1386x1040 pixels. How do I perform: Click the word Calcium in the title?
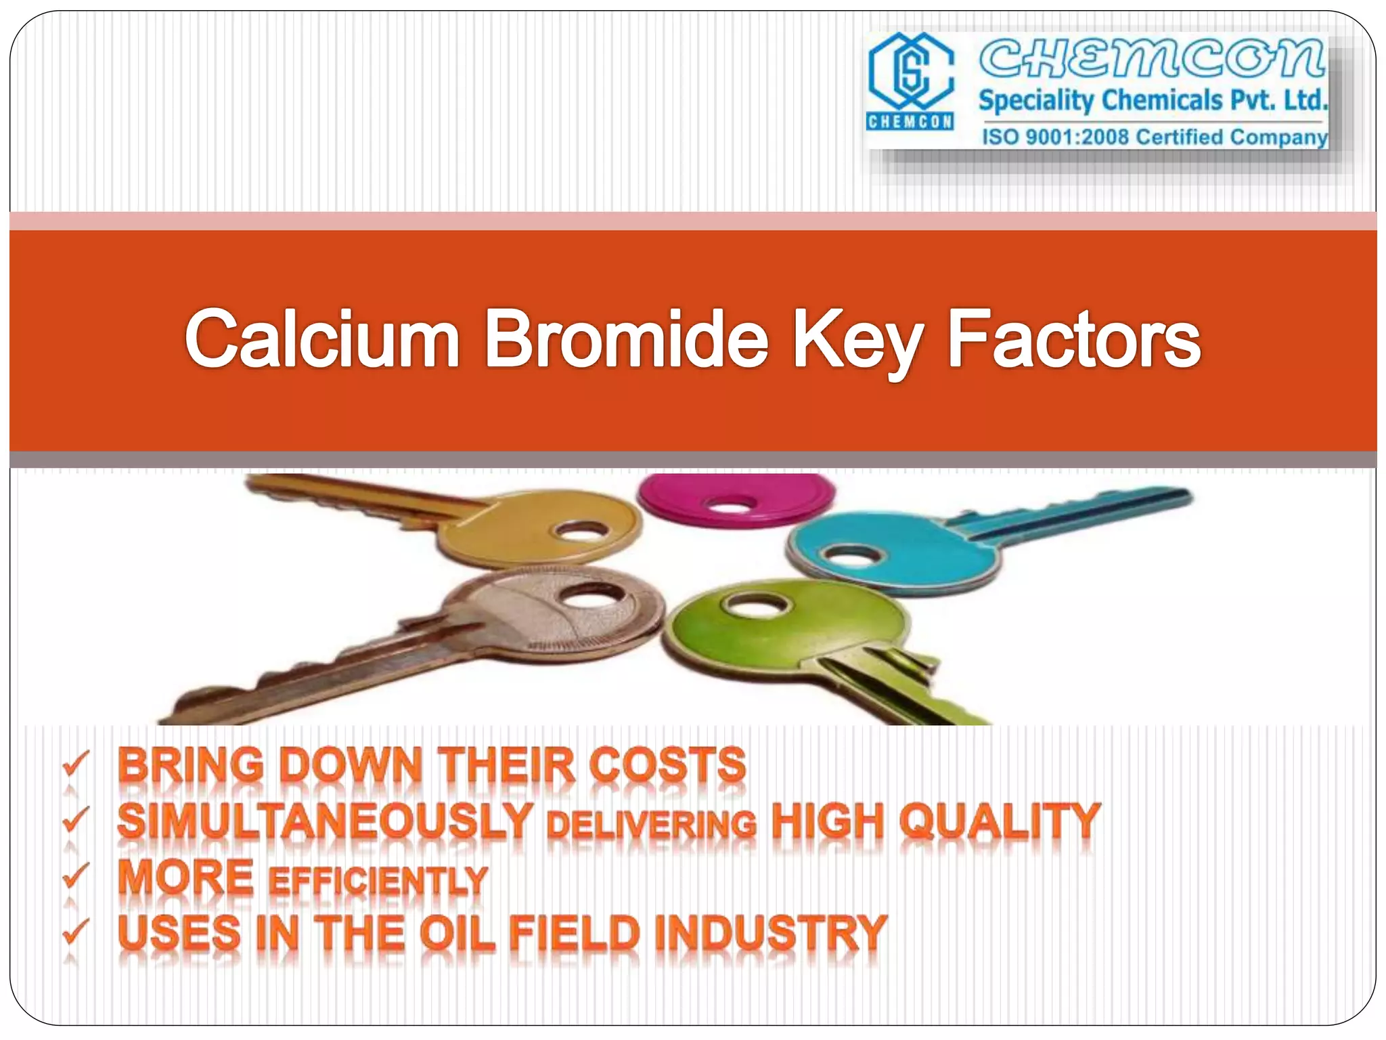click(x=322, y=339)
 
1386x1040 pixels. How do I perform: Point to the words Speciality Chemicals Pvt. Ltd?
click(x=1153, y=101)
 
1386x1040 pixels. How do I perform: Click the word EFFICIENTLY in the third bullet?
click(x=378, y=880)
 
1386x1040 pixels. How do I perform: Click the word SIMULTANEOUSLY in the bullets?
click(x=325, y=822)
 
